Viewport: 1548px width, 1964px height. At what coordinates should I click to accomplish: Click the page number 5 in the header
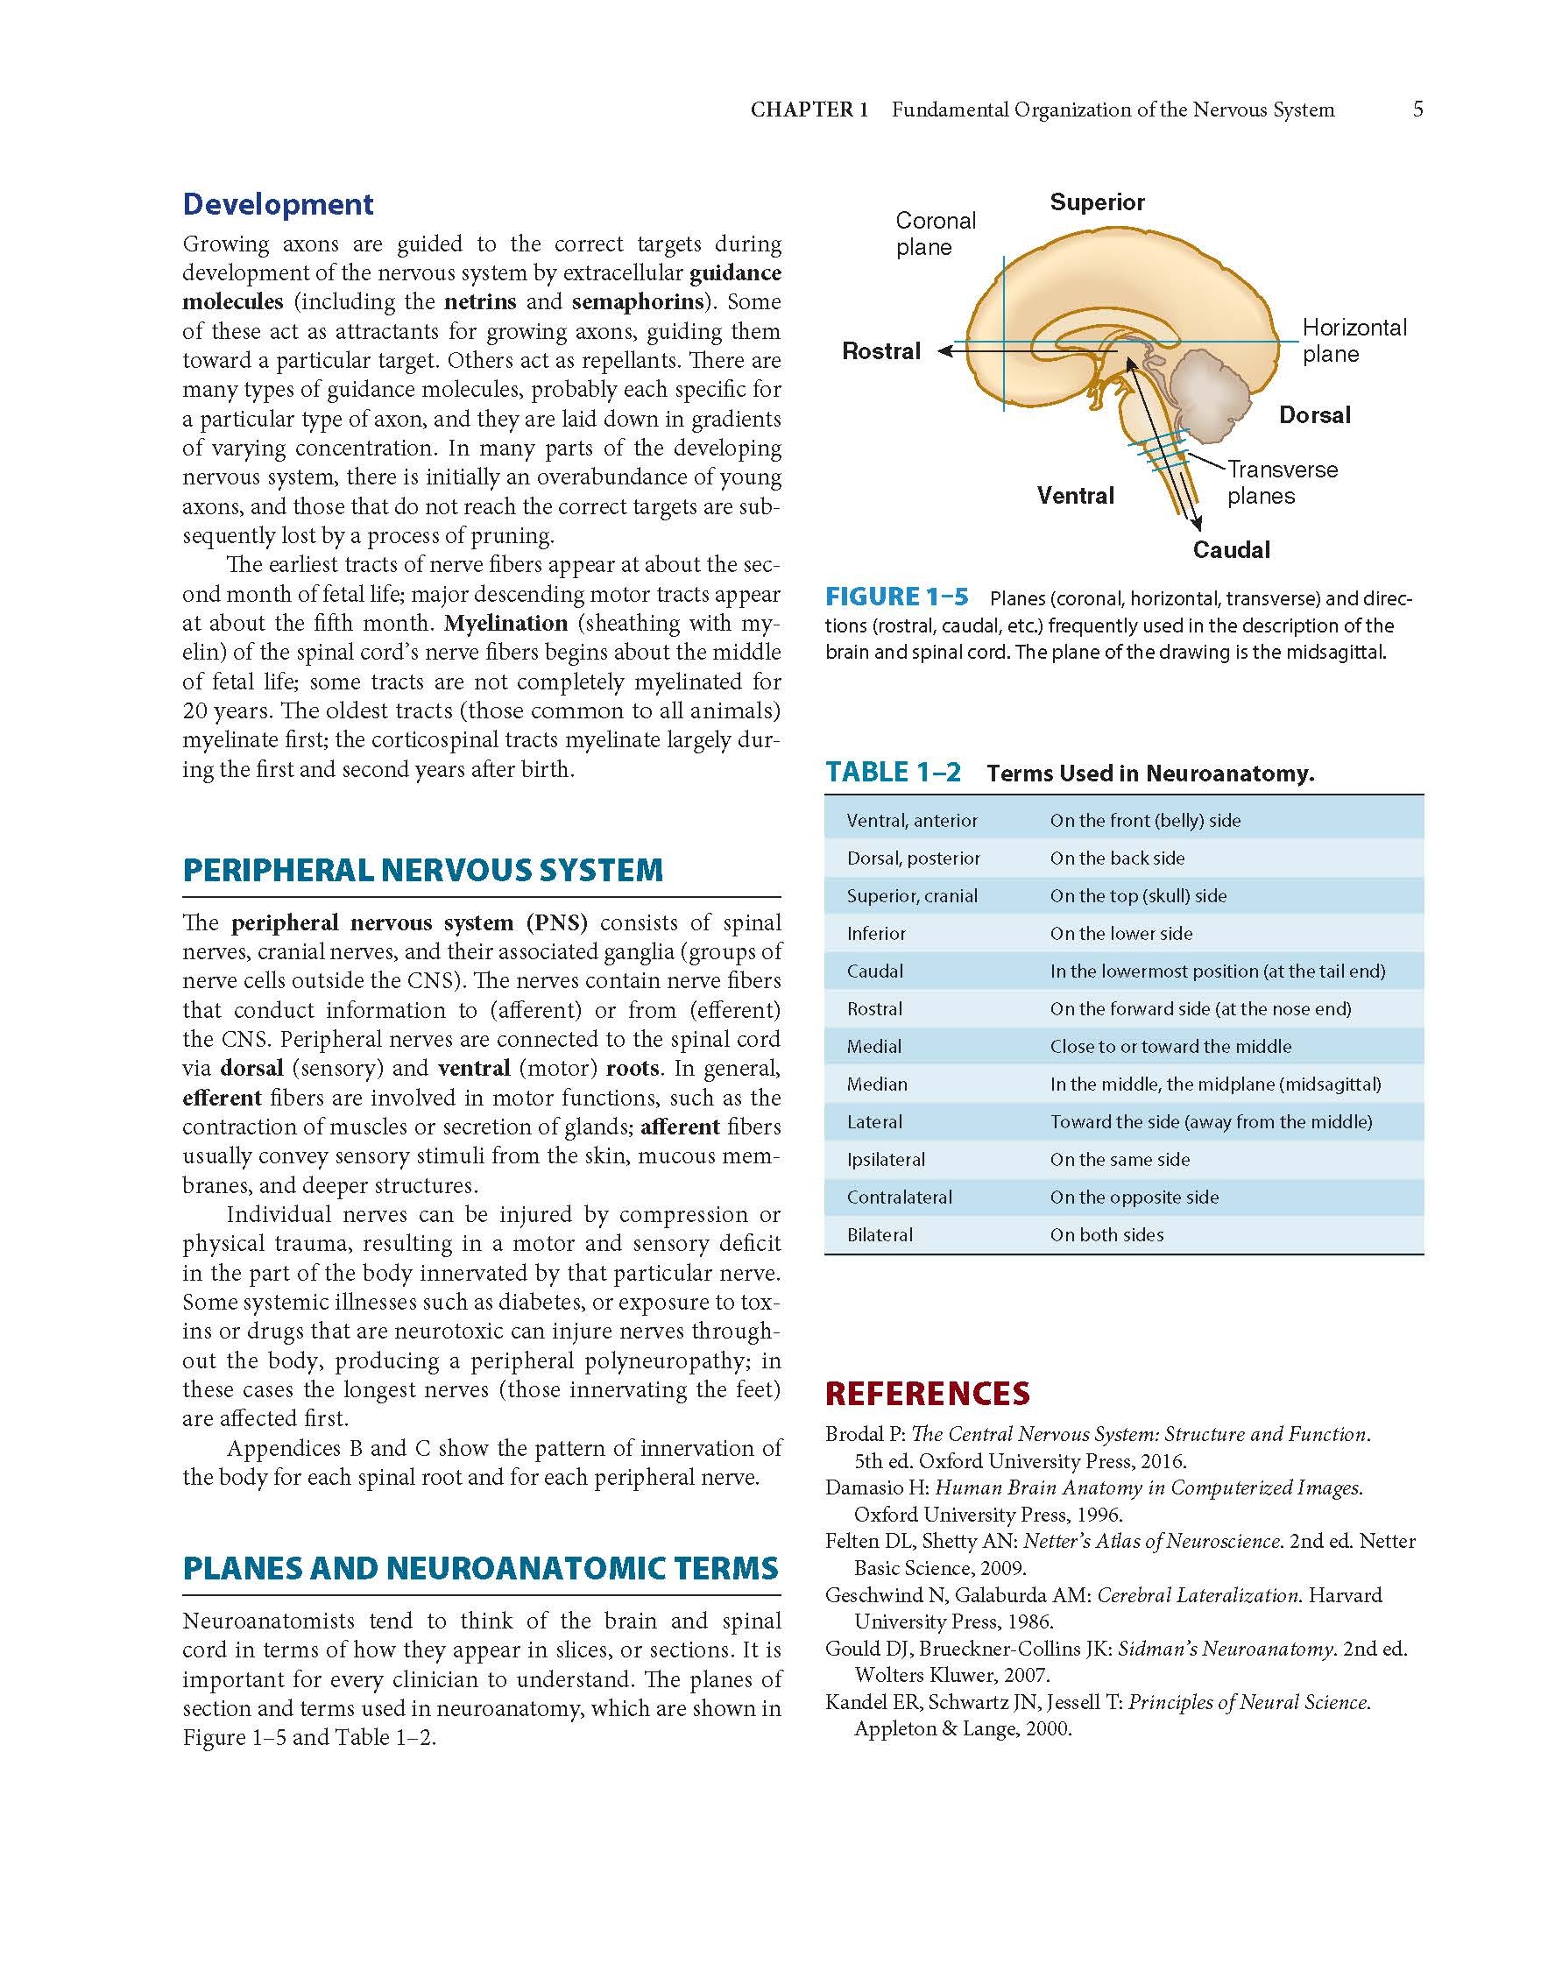[x=1417, y=110]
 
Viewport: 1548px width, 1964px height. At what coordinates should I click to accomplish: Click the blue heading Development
[x=278, y=204]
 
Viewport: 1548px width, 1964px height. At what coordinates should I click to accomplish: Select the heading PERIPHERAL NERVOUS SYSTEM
[x=422, y=870]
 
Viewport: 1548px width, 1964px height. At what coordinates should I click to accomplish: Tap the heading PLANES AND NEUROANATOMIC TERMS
[x=480, y=1568]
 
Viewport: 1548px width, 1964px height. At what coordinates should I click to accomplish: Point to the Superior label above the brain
[x=1097, y=202]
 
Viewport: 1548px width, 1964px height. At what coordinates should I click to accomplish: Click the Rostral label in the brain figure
[x=881, y=350]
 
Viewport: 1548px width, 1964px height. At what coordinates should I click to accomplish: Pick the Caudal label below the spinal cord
[x=1231, y=549]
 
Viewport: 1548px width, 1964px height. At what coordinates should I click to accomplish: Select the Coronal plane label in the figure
[x=936, y=234]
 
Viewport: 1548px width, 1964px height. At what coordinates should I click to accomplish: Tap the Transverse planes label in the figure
[x=1282, y=482]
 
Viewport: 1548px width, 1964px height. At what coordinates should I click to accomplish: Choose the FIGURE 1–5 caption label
[x=895, y=597]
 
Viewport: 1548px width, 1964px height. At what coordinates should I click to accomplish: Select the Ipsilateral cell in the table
[x=886, y=1159]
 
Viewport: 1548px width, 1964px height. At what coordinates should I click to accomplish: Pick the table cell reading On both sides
[x=1106, y=1234]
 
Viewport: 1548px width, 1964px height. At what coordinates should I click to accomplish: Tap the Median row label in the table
[x=876, y=1084]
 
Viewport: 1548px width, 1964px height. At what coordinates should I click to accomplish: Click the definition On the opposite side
[x=1134, y=1197]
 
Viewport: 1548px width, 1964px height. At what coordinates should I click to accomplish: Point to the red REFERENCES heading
[x=927, y=1392]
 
